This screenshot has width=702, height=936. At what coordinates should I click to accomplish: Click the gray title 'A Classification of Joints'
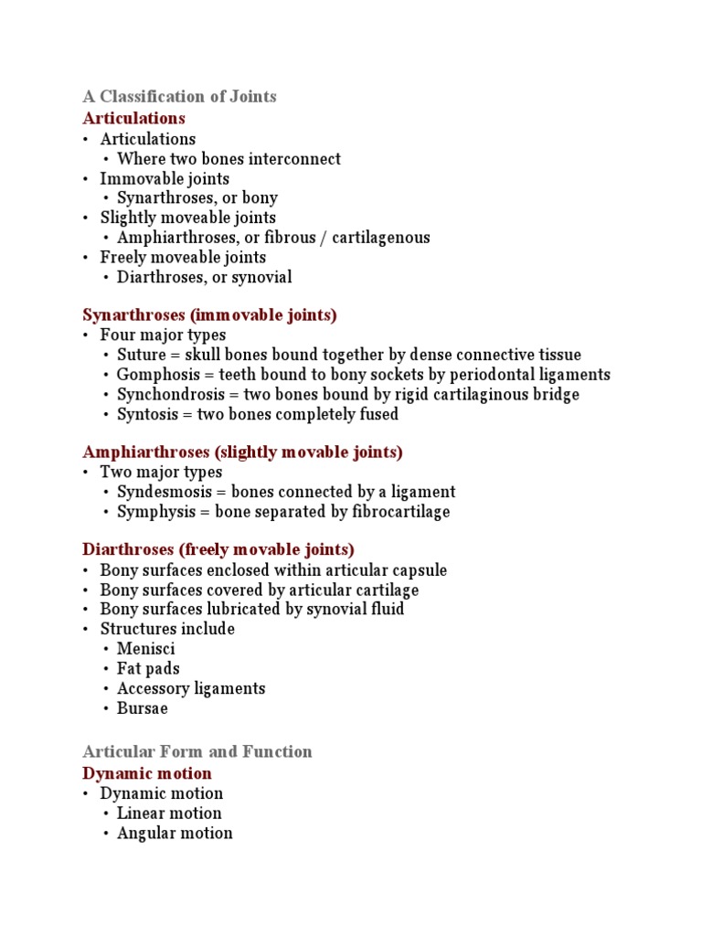click(179, 96)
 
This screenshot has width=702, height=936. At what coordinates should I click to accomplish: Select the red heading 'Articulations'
click(133, 118)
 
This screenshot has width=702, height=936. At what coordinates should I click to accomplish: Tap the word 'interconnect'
click(296, 159)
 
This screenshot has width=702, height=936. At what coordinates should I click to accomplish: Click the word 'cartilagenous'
click(383, 238)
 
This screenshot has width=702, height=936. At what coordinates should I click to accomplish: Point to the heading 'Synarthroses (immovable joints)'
click(209, 315)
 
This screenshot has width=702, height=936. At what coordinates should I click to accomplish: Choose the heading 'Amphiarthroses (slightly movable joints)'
click(242, 452)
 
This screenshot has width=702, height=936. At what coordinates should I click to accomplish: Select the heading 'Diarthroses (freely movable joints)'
click(218, 550)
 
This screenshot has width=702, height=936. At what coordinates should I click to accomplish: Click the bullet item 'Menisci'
click(145, 649)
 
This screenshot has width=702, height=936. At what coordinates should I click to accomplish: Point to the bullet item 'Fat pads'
click(148, 669)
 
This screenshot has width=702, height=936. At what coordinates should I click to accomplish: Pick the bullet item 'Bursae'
click(142, 708)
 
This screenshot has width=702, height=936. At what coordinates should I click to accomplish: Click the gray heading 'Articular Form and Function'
click(197, 751)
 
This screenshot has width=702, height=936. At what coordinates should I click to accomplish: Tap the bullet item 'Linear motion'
click(169, 814)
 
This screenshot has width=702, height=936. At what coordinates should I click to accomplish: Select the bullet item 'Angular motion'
click(175, 833)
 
